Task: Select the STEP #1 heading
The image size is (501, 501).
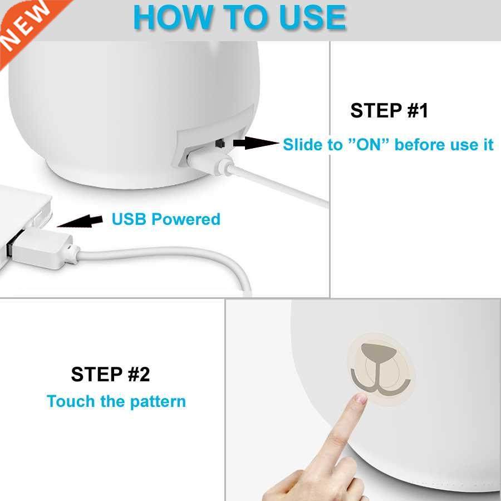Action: click(389, 111)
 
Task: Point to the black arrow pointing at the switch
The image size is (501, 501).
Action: click(255, 144)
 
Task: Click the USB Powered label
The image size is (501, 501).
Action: click(166, 219)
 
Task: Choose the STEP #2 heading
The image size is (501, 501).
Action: click(110, 375)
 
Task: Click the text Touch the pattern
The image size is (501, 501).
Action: click(116, 401)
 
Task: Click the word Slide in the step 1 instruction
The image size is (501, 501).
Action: click(304, 145)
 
